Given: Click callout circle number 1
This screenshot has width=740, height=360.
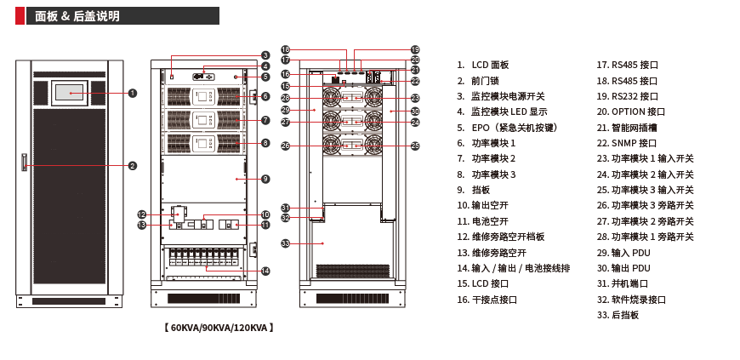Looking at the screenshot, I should tap(133, 93).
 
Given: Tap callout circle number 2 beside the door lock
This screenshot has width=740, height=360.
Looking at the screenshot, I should tap(133, 166).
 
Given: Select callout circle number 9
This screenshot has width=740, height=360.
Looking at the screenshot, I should tap(265, 179).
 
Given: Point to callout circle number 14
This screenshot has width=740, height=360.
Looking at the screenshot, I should tap(265, 271).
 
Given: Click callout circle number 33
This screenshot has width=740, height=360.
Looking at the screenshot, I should tap(286, 243).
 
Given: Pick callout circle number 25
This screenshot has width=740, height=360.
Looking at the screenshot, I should tap(415, 146).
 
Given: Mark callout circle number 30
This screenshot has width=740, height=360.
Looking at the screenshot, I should tap(415, 111).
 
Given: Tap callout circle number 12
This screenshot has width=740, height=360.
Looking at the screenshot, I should tap(142, 214).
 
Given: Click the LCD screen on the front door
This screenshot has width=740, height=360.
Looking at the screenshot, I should tap(70, 93).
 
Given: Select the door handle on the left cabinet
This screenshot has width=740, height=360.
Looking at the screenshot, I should tap(25, 162).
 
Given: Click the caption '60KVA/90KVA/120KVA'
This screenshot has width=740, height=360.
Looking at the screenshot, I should tap(219, 328).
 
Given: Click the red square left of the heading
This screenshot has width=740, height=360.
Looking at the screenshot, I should tap(20, 16).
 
